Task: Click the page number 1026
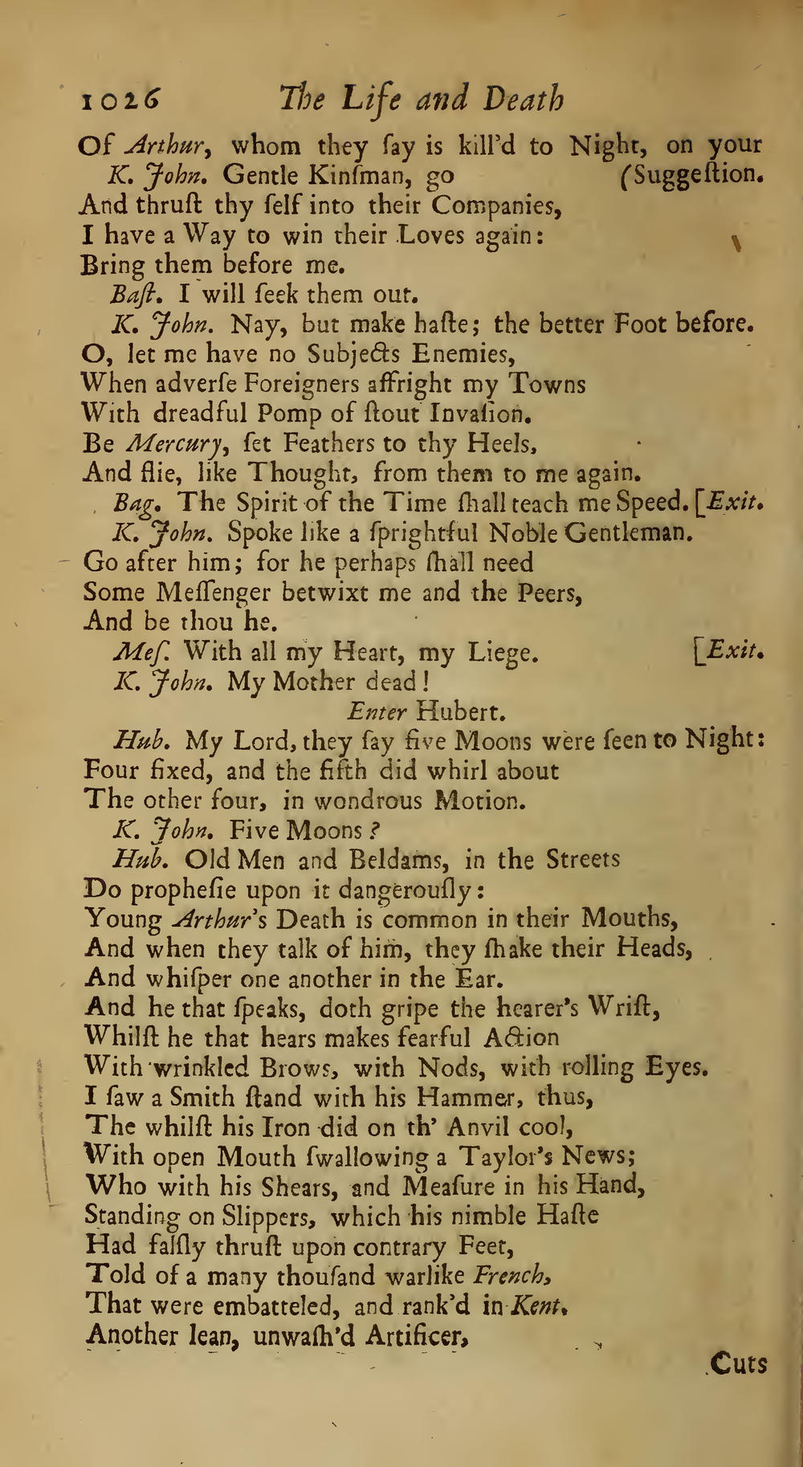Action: [x=120, y=100]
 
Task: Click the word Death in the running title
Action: [x=523, y=100]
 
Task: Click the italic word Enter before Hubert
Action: [x=377, y=711]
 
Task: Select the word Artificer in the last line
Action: [x=417, y=1335]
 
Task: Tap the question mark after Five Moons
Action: [x=375, y=830]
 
